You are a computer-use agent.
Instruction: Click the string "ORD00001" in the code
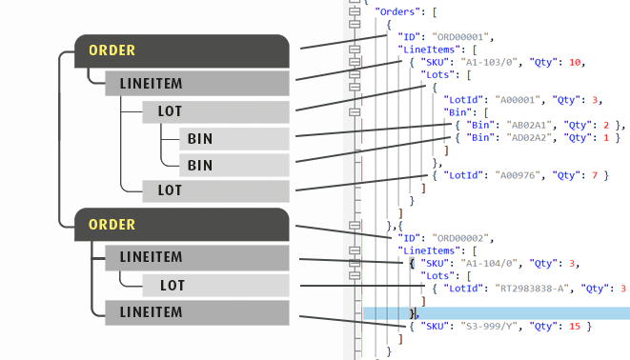pyautogui.click(x=460, y=37)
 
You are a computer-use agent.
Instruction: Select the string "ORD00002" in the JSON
pyautogui.click(x=460, y=238)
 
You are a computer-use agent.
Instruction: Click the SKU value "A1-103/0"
pyautogui.click(x=489, y=63)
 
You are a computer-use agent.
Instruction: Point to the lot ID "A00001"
pyautogui.click(x=518, y=100)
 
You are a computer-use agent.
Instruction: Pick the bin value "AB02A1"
pyautogui.click(x=529, y=125)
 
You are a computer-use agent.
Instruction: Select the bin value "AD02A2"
pyautogui.click(x=529, y=138)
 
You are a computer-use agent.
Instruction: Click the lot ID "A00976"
pyautogui.click(x=518, y=175)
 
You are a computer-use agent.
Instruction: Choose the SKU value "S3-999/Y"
pyautogui.click(x=489, y=327)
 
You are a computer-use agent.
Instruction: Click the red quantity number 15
pyautogui.click(x=575, y=327)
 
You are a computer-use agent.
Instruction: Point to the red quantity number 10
pyautogui.click(x=575, y=63)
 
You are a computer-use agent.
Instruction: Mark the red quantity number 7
pyautogui.click(x=595, y=175)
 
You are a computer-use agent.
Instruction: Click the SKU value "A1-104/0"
pyautogui.click(x=489, y=264)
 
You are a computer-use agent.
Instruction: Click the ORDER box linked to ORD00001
pyautogui.click(x=182, y=51)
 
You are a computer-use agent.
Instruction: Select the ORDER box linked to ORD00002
pyautogui.click(x=182, y=225)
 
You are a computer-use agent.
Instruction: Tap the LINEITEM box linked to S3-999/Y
pyautogui.click(x=197, y=312)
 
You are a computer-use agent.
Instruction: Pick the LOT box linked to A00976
pyautogui.click(x=215, y=190)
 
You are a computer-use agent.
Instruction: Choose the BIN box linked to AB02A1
pyautogui.click(x=234, y=139)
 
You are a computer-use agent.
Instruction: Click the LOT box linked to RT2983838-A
pyautogui.click(x=215, y=286)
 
